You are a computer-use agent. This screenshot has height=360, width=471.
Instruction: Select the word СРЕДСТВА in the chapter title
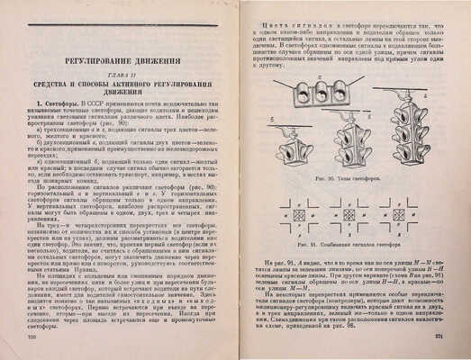(58, 87)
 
